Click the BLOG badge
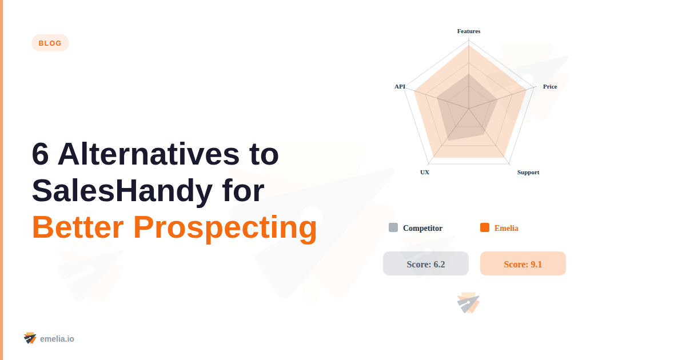tap(50, 43)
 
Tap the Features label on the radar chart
tap(469, 31)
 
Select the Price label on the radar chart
tap(550, 87)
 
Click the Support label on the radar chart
tap(528, 172)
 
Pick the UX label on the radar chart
tap(425, 172)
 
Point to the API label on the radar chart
tap(400, 87)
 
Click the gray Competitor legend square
tap(393, 227)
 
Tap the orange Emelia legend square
tap(485, 227)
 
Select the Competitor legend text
tap(422, 228)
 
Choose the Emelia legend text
tap(506, 228)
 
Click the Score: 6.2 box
tap(426, 263)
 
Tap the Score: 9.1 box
tap(523, 263)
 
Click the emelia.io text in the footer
tap(57, 339)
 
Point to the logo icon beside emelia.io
tap(30, 338)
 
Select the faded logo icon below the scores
tap(468, 303)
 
